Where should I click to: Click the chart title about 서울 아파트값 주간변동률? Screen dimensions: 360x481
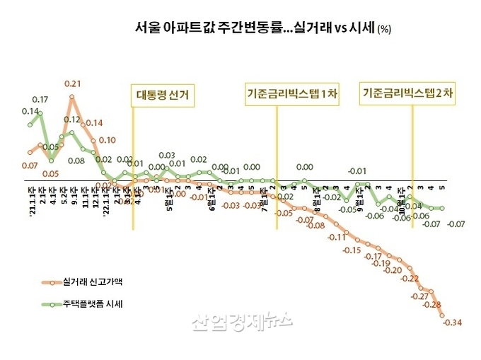[262, 28]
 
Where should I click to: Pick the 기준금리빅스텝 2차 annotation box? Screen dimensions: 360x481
[407, 93]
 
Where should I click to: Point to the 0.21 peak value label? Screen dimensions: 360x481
[73, 83]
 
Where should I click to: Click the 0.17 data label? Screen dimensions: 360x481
[40, 99]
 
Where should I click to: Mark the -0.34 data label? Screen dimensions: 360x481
[452, 323]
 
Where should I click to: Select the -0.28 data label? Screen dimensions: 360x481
[431, 306]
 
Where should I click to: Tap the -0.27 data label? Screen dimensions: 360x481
[419, 296]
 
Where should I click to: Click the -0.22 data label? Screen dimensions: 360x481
[409, 279]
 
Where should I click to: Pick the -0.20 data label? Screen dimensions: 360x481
[392, 269]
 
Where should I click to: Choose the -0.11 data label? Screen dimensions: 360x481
[337, 238]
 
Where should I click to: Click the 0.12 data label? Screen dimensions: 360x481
[73, 120]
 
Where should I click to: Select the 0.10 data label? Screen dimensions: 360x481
[107, 140]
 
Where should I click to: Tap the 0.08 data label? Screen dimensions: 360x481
[76, 161]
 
